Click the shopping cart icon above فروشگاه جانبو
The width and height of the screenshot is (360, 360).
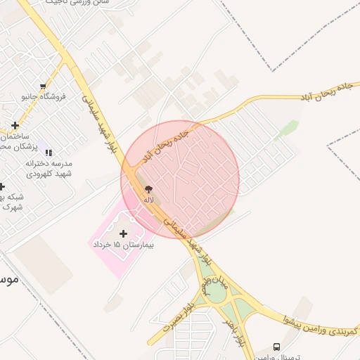(x=43, y=86)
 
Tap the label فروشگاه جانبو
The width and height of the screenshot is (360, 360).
(x=43, y=96)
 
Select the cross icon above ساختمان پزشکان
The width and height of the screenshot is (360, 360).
(x=15, y=126)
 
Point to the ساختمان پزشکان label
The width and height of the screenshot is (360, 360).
(x=13, y=140)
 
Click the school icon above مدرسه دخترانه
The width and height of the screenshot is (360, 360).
(x=49, y=152)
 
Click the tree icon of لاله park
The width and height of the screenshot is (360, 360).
(x=148, y=189)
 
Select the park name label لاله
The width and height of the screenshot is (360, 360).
(x=148, y=200)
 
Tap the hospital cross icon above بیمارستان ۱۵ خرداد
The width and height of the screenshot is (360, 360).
(x=124, y=233)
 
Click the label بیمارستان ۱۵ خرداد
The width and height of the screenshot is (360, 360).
(x=124, y=245)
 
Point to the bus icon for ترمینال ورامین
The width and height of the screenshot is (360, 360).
(x=276, y=347)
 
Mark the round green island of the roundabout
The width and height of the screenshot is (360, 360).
(x=216, y=294)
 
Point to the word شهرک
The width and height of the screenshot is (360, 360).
(x=12, y=207)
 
